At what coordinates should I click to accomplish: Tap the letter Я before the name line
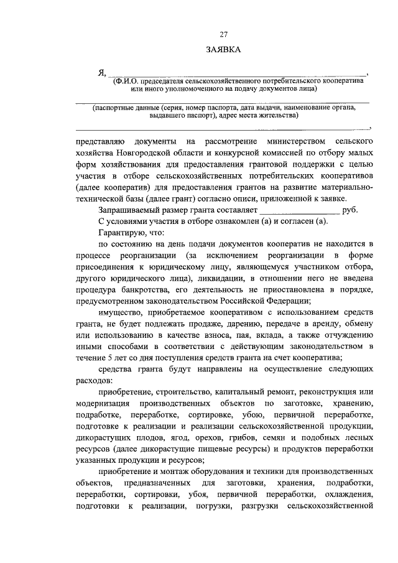click(x=101, y=72)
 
